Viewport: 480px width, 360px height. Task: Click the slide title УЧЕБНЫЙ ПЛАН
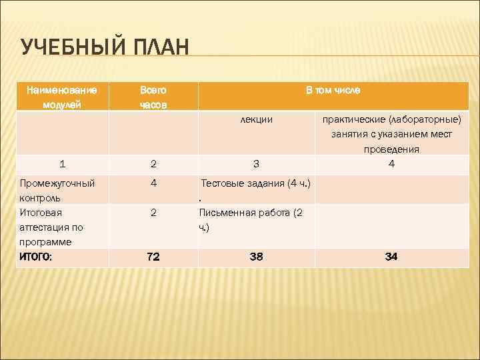coord(105,47)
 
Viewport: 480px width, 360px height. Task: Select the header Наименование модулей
coord(61,97)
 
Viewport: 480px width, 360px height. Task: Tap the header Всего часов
coord(153,97)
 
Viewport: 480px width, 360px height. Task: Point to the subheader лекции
coord(256,119)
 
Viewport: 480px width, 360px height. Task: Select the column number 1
coord(62,163)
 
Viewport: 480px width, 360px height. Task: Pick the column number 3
coord(256,163)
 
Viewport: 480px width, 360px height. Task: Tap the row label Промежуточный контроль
coord(57,190)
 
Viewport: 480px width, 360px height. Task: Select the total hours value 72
coord(153,256)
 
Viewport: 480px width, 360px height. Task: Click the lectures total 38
coord(256,256)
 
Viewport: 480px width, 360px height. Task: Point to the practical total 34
coord(391,256)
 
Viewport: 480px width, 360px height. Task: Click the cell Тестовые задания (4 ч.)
coord(257,183)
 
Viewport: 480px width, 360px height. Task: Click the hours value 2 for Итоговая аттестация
coord(153,213)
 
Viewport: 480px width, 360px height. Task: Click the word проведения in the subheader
coord(391,149)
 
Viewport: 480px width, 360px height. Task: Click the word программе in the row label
coord(45,242)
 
